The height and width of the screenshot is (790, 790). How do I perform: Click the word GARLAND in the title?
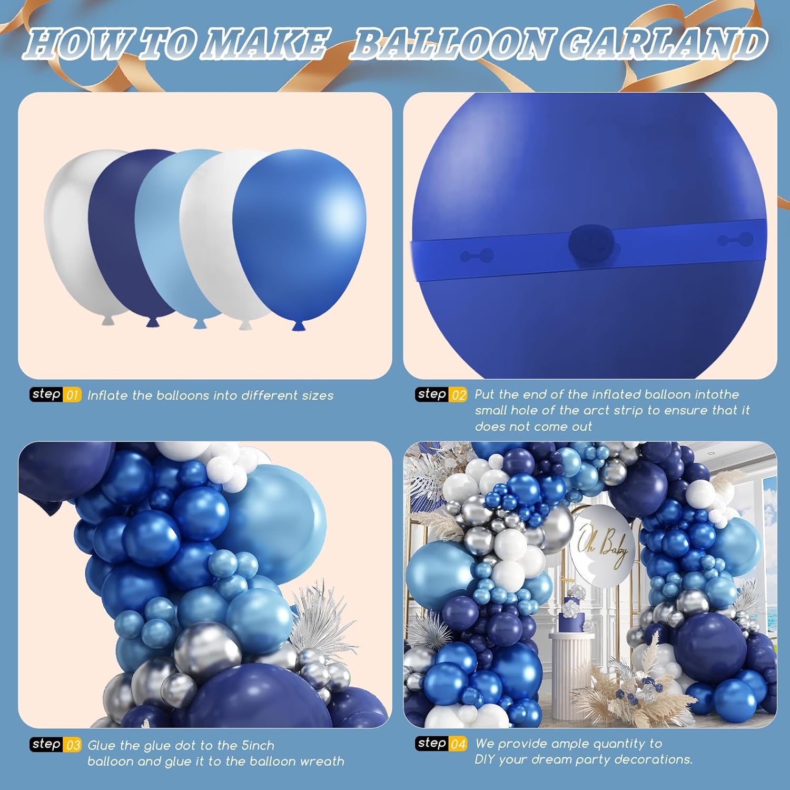point(663,44)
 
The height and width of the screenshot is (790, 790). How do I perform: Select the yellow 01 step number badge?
point(72,395)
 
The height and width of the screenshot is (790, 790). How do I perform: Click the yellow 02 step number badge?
point(458,395)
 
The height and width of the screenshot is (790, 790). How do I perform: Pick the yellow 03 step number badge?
point(73,745)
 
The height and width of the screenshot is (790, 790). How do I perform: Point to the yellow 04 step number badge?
point(458,744)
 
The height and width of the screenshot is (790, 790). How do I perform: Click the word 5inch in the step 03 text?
point(258,745)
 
